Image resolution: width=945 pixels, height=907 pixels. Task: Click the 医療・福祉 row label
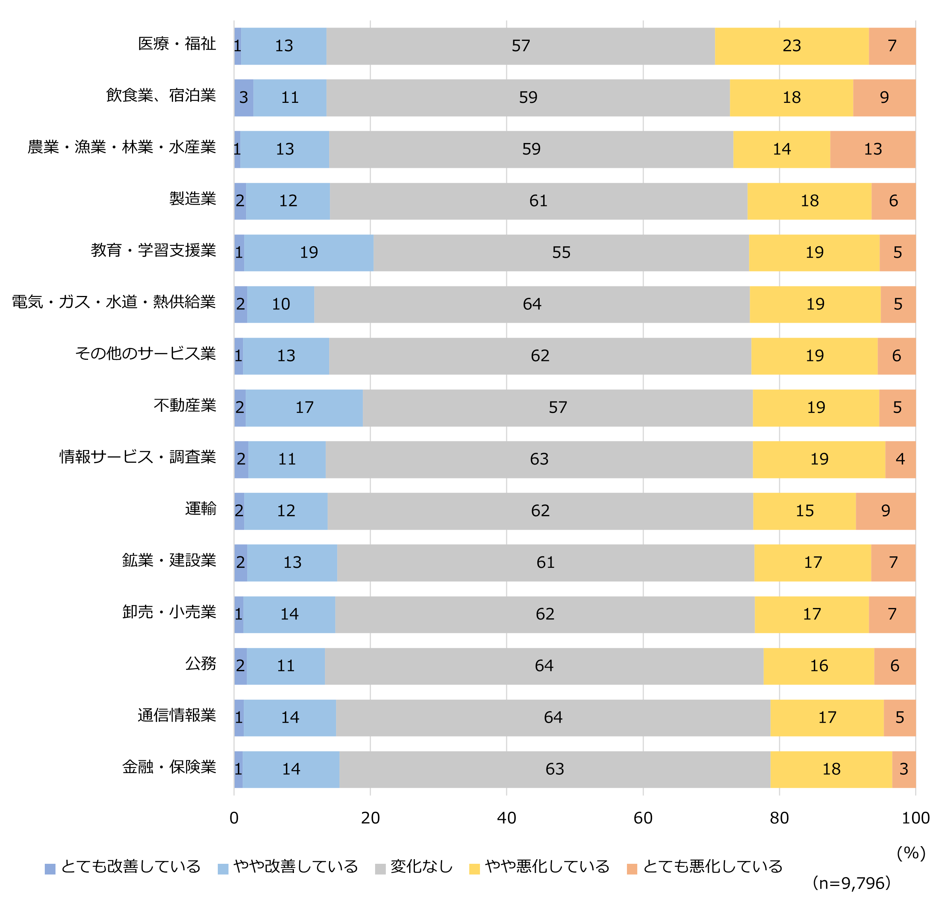(177, 44)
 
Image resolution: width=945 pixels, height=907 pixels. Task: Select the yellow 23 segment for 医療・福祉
(792, 46)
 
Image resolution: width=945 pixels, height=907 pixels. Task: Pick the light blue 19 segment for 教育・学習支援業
(308, 252)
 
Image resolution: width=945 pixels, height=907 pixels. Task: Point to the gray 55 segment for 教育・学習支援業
(561, 252)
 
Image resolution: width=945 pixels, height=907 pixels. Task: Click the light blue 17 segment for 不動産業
(304, 408)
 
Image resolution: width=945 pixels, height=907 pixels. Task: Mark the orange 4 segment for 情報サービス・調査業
(900, 459)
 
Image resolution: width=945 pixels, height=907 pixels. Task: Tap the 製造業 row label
(193, 199)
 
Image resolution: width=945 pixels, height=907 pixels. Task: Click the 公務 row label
(201, 664)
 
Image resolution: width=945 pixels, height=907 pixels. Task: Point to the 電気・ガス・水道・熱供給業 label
(114, 302)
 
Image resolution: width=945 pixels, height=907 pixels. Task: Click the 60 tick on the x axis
(643, 818)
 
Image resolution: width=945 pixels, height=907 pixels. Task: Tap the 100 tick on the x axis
(915, 818)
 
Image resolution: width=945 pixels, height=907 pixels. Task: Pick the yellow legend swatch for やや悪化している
(475, 869)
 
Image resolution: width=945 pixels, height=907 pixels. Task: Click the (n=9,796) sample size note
(852, 883)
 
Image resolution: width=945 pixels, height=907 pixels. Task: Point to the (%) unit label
(911, 853)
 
